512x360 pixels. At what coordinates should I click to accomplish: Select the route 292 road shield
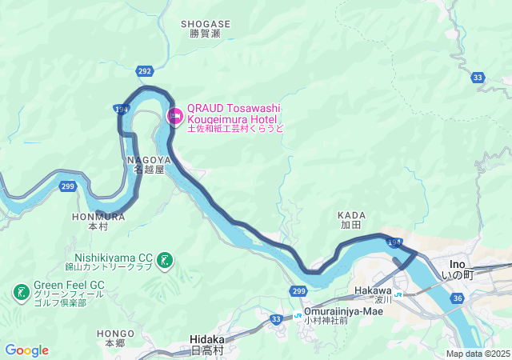click(x=144, y=72)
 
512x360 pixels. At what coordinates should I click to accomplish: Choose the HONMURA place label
click(x=98, y=216)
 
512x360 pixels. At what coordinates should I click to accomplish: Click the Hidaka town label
click(x=208, y=339)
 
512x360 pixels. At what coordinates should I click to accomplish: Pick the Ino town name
click(x=458, y=263)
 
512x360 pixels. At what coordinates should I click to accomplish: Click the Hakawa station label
click(x=373, y=290)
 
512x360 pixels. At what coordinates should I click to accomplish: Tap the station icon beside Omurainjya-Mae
click(x=297, y=315)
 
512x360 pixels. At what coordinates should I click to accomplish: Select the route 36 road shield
click(x=457, y=298)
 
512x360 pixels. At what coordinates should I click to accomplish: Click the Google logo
click(x=26, y=350)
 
